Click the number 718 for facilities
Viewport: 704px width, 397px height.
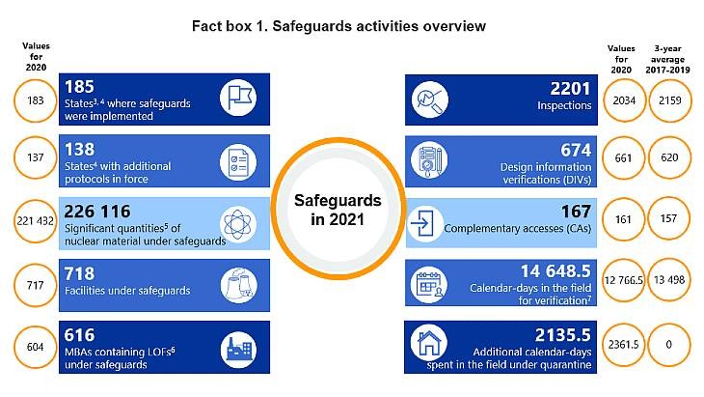point(82,274)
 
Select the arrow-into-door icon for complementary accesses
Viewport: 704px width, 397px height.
point(426,222)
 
